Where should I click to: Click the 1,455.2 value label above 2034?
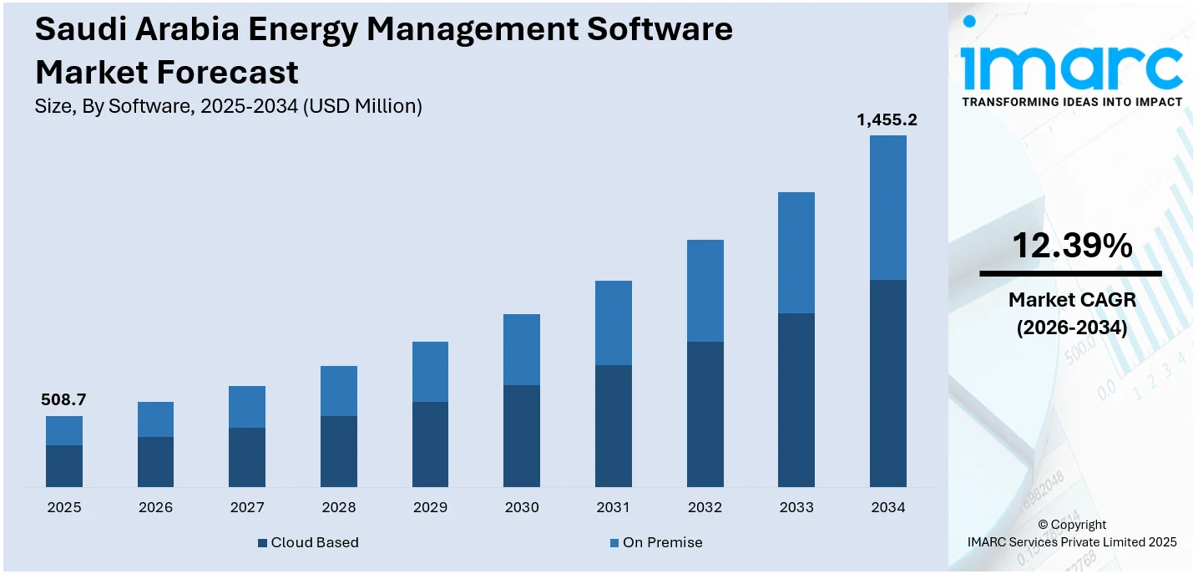887,120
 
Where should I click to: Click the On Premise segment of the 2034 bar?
887,207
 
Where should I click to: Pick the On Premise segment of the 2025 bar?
64,430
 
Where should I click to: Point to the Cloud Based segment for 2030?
522,435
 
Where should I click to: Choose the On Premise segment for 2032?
705,291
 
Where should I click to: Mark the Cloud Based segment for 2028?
339,451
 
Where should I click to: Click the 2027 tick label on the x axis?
247,507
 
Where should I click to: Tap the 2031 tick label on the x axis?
613,507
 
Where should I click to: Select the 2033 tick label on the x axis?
796,507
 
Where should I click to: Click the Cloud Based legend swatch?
263,543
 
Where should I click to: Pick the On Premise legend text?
662,543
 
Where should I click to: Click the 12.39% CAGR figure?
1072,246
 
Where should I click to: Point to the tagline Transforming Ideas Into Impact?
1072,102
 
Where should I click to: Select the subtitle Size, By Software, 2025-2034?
228,106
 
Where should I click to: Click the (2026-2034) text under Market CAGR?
1072,328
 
